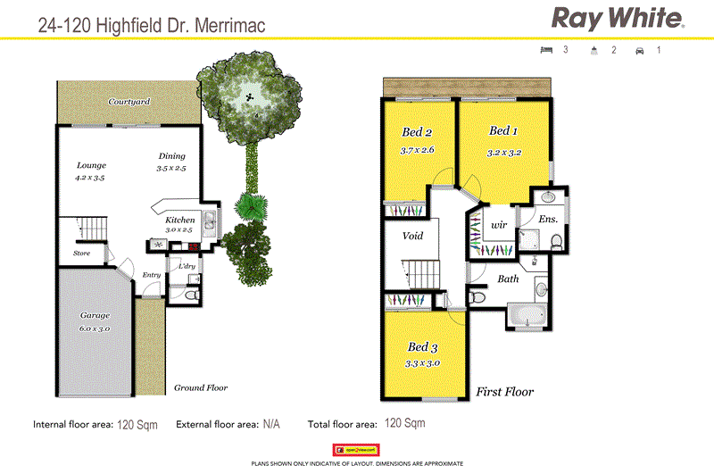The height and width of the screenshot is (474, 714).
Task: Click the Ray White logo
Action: click(x=619, y=18)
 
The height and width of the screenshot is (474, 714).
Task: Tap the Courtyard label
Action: click(x=129, y=103)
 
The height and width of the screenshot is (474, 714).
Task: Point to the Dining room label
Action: click(x=171, y=155)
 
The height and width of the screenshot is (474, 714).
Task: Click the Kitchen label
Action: click(x=179, y=220)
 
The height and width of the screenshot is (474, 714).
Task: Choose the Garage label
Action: click(x=94, y=316)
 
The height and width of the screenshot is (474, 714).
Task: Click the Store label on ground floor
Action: click(x=82, y=254)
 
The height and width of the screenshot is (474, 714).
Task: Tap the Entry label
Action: click(x=152, y=275)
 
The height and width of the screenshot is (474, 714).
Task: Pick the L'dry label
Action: click(x=187, y=266)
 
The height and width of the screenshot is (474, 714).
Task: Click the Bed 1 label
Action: click(x=504, y=131)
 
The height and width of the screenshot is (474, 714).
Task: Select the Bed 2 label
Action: click(x=417, y=133)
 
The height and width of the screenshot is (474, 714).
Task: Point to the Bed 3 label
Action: click(x=423, y=346)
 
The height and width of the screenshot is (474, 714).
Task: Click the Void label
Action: click(x=413, y=237)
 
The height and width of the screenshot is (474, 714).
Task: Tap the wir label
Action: click(x=498, y=225)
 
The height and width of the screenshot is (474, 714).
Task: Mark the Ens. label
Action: click(x=548, y=218)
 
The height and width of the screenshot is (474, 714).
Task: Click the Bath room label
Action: click(x=508, y=279)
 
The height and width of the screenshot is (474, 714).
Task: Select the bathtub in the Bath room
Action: click(x=530, y=315)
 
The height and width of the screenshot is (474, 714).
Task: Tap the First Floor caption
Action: click(x=505, y=392)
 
